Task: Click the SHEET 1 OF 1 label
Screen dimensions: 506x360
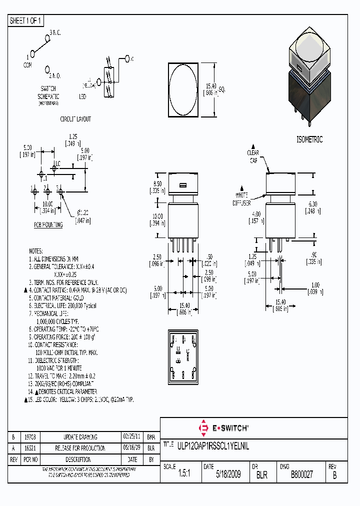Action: [x=26, y=21]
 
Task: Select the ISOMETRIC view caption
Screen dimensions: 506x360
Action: [x=309, y=139]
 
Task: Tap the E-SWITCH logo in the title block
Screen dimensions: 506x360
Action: [x=224, y=428]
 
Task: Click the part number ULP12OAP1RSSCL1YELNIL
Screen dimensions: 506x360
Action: [x=212, y=444]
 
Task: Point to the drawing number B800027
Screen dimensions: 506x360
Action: [x=301, y=474]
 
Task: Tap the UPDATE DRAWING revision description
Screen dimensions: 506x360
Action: [x=80, y=437]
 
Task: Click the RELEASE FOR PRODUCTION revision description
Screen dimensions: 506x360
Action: [x=80, y=448]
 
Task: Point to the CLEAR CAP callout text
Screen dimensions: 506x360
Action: [x=253, y=156]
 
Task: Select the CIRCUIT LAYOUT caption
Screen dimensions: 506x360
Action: [x=75, y=119]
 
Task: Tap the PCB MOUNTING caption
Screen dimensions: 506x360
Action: [x=48, y=225]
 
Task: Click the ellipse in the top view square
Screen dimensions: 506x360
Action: [x=183, y=89]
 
